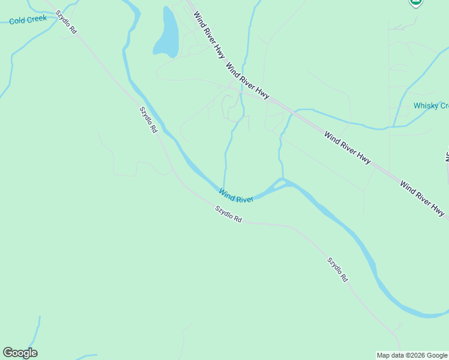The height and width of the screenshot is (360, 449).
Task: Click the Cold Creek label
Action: pos(28,19)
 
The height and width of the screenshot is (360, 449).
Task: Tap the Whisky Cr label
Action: pos(431,106)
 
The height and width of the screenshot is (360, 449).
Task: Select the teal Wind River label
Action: pos(236,196)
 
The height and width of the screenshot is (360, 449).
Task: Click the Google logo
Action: pos(20,353)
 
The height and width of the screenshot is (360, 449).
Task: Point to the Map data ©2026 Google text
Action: pos(412,355)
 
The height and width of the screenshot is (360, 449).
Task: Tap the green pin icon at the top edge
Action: pos(415,3)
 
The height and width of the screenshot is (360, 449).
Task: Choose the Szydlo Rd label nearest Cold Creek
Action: pos(65,22)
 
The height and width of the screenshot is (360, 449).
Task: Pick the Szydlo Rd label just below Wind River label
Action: pos(228,214)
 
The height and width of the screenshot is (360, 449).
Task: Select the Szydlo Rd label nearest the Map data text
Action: pos(337,269)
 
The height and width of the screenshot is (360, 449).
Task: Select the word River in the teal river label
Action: pos(244,197)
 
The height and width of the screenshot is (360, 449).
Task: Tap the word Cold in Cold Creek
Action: pos(17,20)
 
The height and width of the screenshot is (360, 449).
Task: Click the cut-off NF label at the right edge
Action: pos(447,156)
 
